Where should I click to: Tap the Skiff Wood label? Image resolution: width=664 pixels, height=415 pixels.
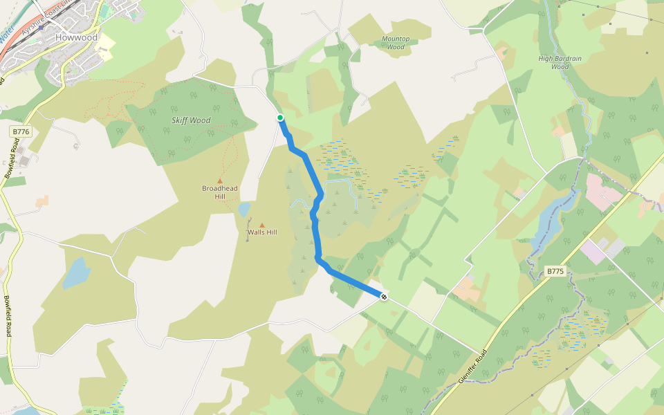point(191,120)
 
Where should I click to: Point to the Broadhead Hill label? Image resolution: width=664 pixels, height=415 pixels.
point(220,192)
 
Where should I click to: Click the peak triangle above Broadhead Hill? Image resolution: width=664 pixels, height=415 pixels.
point(220,181)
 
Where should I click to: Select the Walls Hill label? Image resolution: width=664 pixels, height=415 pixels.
point(262,232)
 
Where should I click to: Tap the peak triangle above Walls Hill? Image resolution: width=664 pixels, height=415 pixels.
point(262,225)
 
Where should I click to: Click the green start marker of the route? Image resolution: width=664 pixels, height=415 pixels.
point(280,118)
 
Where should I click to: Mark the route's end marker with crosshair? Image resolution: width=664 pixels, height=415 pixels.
point(383,297)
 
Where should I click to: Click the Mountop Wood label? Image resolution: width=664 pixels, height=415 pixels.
point(396,43)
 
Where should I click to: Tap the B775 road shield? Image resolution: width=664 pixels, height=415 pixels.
point(555,271)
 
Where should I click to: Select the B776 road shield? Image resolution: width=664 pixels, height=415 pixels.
point(20,131)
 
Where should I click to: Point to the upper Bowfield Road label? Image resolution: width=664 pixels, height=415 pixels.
point(12,158)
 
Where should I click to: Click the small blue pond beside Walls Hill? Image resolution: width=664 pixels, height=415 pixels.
point(243,209)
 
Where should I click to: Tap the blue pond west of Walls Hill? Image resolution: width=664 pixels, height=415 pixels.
point(75,273)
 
